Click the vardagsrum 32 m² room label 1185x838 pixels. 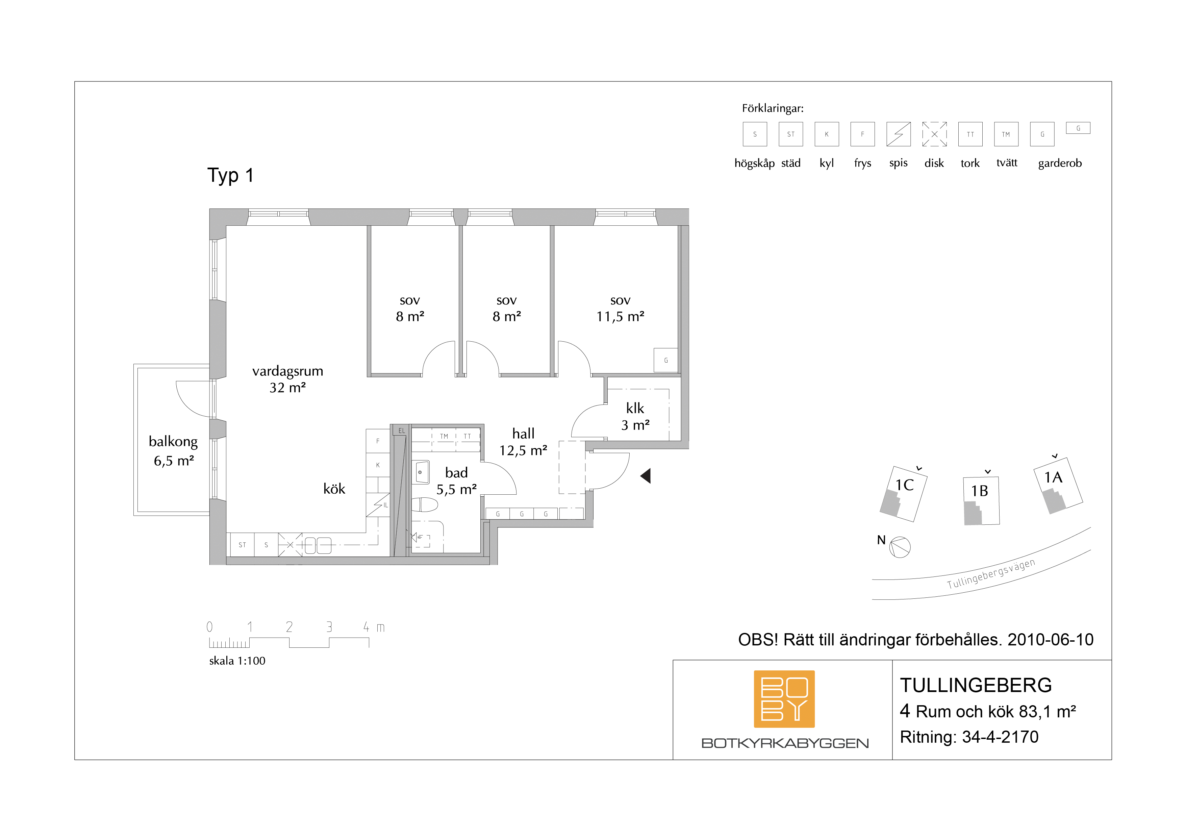287,379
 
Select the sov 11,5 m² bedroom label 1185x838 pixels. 621,308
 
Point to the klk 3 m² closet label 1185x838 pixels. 635,416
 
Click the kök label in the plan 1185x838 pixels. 334,489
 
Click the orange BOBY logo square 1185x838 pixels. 784,698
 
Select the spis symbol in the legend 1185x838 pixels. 899,134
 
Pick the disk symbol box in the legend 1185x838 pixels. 934,134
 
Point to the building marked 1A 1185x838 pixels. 1058,485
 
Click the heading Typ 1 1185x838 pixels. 230,176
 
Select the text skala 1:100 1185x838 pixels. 237,661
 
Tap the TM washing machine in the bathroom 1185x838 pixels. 444,436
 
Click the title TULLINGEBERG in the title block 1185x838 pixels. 976,686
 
